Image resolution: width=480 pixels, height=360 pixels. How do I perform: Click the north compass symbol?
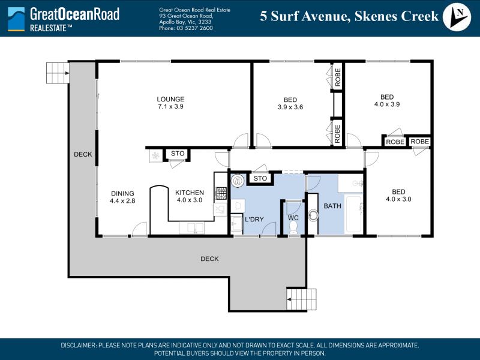pos(457,17)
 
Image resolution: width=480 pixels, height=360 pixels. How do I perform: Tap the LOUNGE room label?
pos(170,99)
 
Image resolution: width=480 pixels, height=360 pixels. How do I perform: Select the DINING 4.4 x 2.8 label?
pos(122,197)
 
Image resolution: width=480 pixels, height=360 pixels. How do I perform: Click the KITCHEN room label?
pos(190,193)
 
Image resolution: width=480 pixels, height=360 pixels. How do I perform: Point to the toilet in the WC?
pos(293,227)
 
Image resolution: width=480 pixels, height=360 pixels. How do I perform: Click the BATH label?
pos(332,206)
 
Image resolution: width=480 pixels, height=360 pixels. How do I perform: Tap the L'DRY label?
pos(254,219)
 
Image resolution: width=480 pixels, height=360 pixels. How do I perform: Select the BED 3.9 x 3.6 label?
pos(290,103)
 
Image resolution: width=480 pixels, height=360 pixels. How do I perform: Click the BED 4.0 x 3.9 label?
pos(387,100)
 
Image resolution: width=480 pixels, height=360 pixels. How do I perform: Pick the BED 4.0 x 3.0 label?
pos(398,196)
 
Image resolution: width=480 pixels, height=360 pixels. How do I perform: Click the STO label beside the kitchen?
pos(178,154)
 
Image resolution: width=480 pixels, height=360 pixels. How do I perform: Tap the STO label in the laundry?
pos(260,178)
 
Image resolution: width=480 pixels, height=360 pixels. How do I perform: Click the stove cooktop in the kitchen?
pos(221,193)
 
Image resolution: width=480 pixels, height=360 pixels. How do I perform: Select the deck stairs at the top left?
pos(58,73)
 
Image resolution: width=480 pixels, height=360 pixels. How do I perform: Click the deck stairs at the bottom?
pos(302,299)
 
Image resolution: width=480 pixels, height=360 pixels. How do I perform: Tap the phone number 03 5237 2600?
pos(194,28)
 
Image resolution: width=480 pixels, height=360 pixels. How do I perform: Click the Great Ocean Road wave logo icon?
pos(16,19)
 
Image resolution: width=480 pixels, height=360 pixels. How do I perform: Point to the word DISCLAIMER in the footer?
pos(79,346)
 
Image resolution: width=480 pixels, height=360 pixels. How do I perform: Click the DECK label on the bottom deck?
pos(209,259)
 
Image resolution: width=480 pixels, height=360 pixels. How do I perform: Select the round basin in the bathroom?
pos(313,215)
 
